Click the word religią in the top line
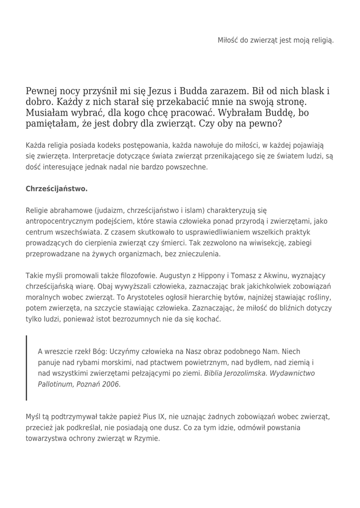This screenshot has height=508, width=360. pos(321,40)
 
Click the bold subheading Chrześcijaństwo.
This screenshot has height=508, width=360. pos(57,189)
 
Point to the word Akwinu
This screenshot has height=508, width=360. pos(258,276)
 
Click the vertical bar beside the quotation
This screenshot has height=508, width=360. pos(27,368)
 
